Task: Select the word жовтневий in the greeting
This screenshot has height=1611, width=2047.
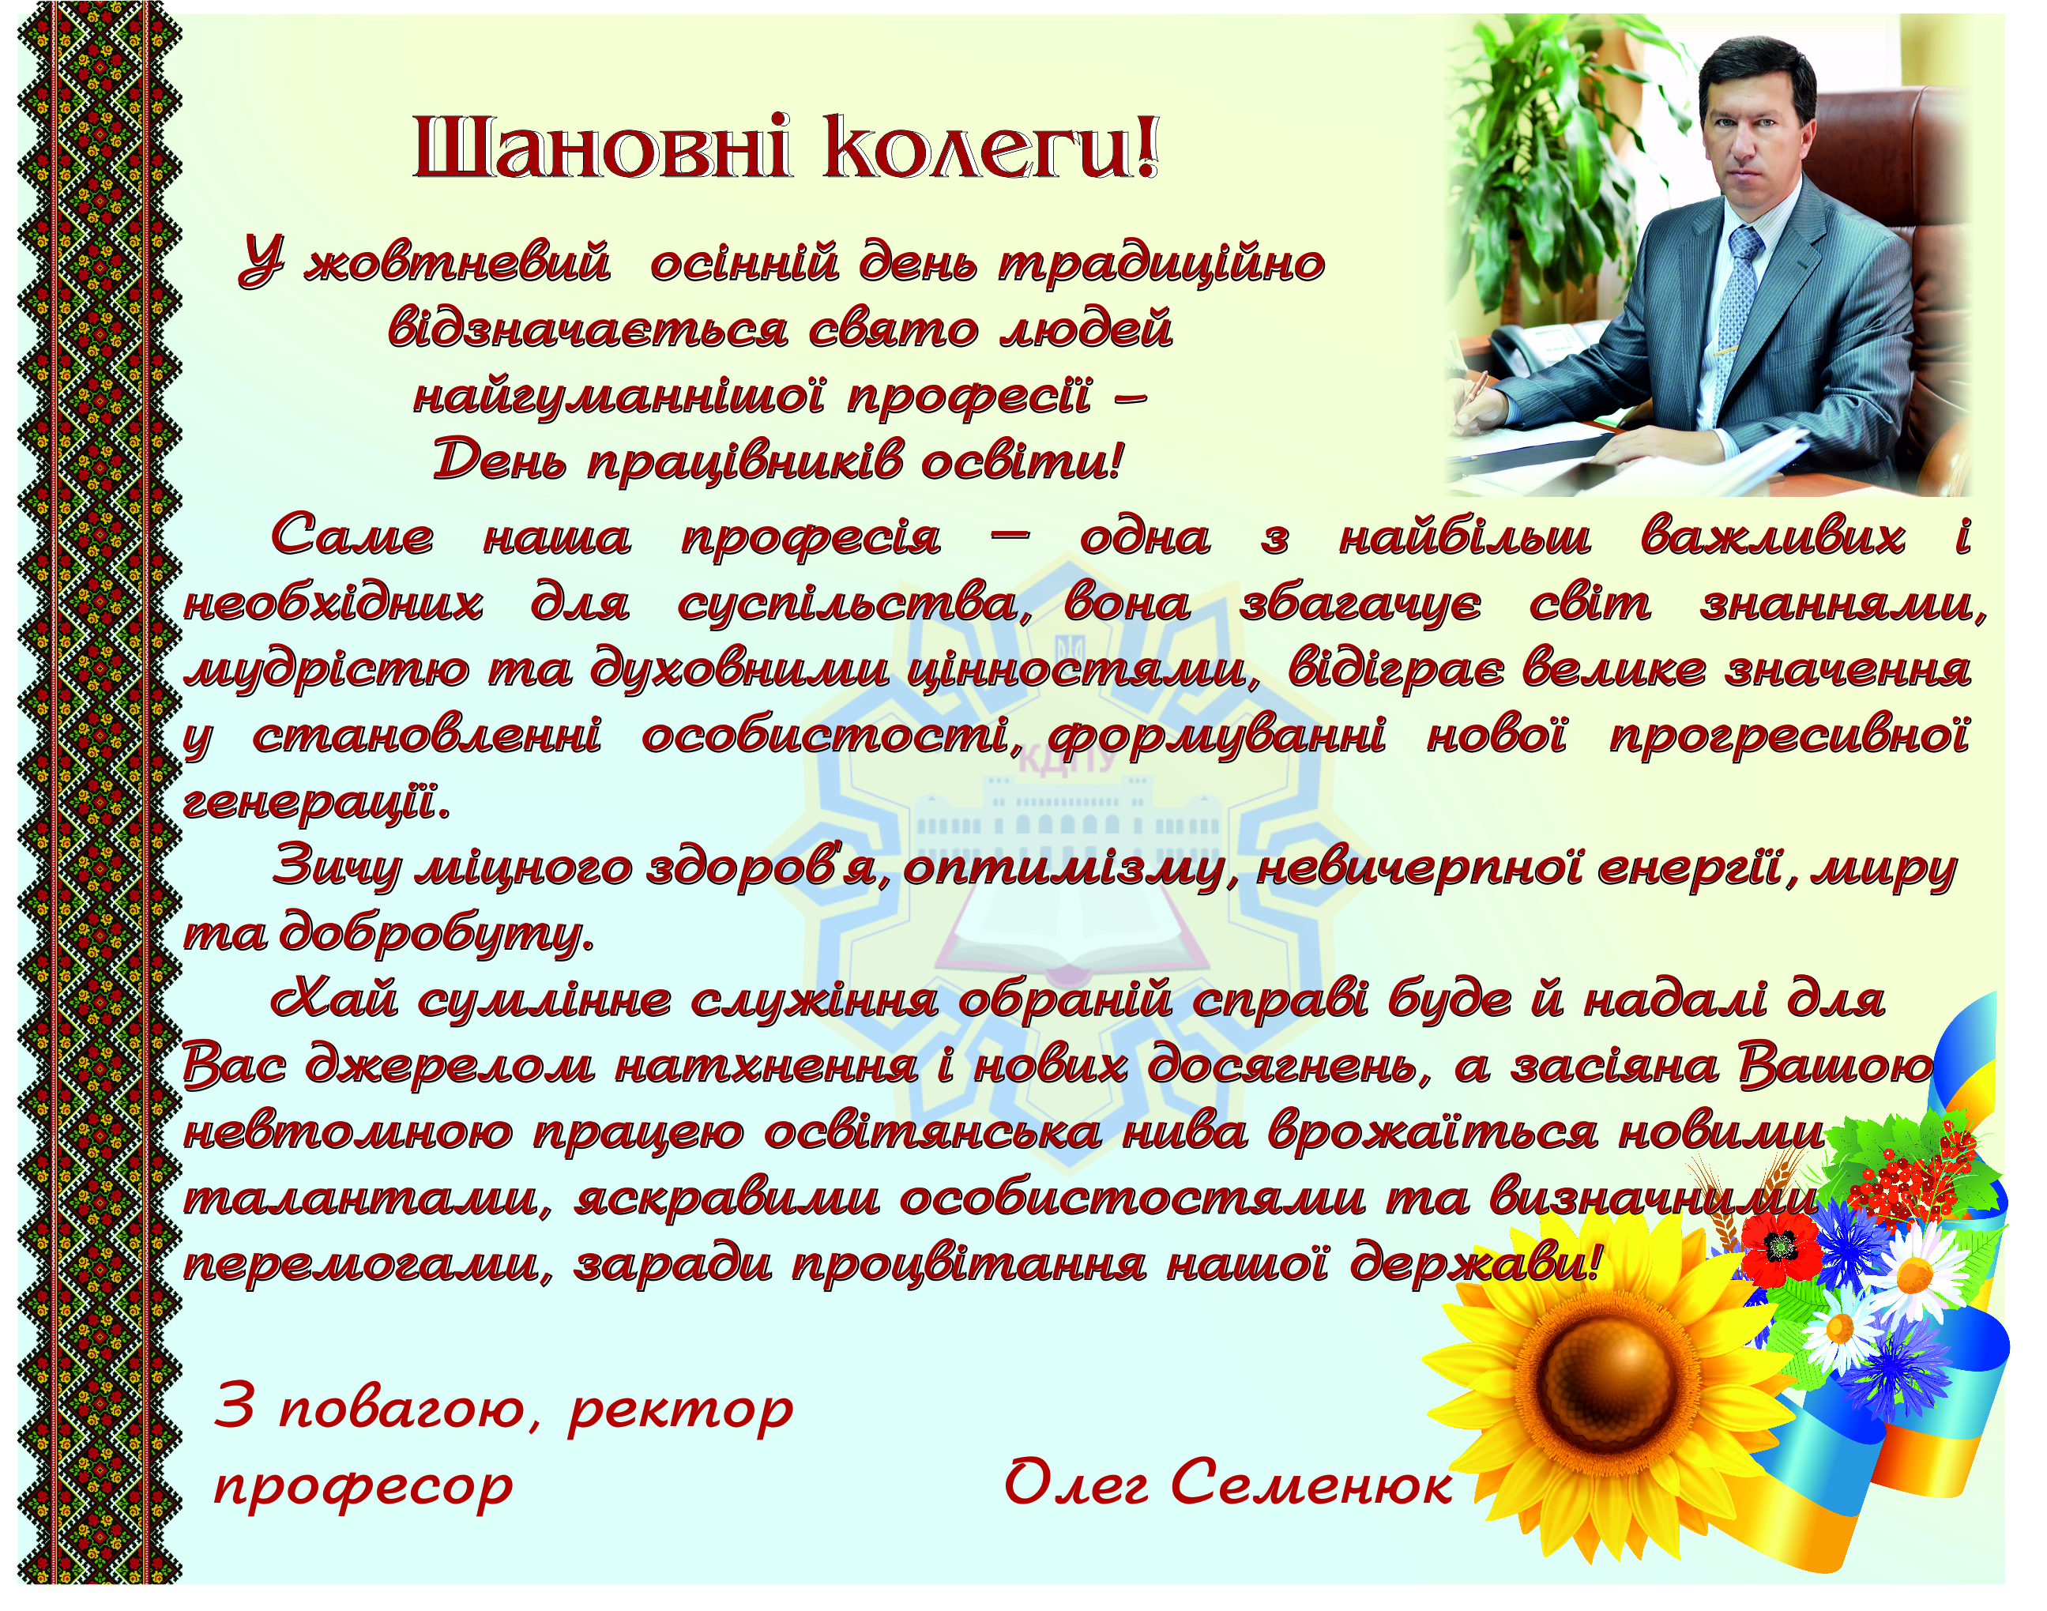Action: [x=457, y=262]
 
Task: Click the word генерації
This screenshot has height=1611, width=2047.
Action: [x=316, y=803]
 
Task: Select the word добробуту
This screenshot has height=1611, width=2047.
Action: [x=438, y=935]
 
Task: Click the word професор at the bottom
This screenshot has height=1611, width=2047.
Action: [x=363, y=1489]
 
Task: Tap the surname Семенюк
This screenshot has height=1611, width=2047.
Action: [x=1311, y=1485]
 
